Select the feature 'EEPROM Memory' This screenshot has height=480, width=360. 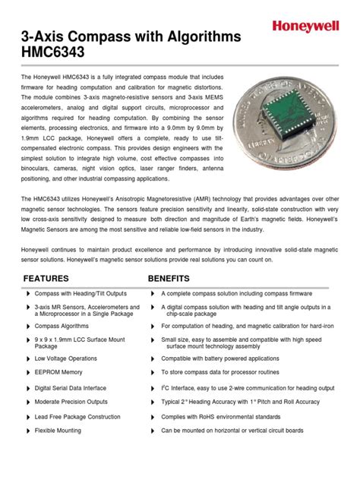(58, 372)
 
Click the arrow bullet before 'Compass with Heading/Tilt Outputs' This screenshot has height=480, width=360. (28, 293)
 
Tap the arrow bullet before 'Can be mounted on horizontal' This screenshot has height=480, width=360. (154, 430)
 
